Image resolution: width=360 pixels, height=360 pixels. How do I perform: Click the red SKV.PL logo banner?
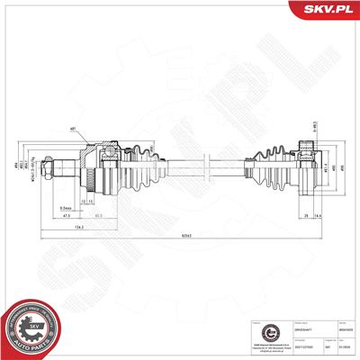[x=325, y=11]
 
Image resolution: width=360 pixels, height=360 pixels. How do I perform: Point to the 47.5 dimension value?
[x=67, y=217]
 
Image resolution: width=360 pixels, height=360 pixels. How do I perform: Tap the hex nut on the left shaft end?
[x=67, y=166]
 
